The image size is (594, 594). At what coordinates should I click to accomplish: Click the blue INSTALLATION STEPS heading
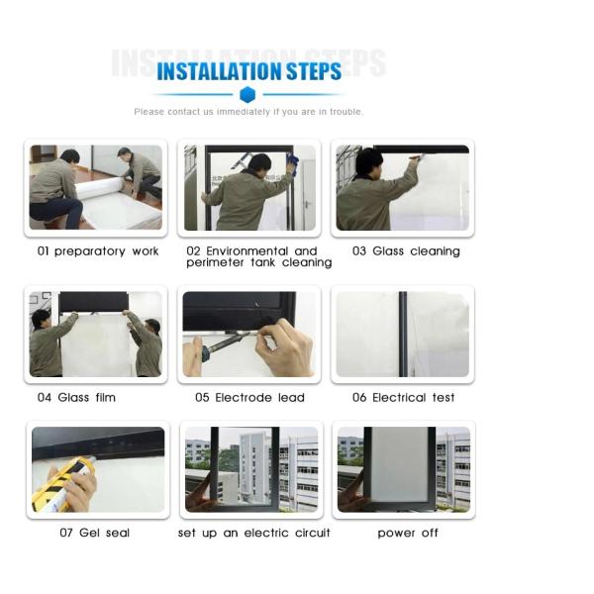pyautogui.click(x=248, y=71)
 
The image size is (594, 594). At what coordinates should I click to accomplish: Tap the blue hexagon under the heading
pyautogui.click(x=247, y=95)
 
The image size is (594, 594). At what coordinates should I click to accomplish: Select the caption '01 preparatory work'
pyautogui.click(x=98, y=251)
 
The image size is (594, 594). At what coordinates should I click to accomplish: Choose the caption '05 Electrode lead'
pyautogui.click(x=249, y=398)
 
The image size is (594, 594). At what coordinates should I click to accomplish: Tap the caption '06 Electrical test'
pyautogui.click(x=403, y=398)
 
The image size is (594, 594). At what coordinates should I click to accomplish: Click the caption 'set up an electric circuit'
pyautogui.click(x=253, y=534)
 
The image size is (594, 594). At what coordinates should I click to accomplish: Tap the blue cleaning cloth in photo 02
pyautogui.click(x=292, y=163)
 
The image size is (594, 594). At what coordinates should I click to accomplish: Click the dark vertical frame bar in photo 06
pyautogui.click(x=403, y=334)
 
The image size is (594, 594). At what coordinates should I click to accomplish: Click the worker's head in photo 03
pyautogui.click(x=368, y=161)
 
